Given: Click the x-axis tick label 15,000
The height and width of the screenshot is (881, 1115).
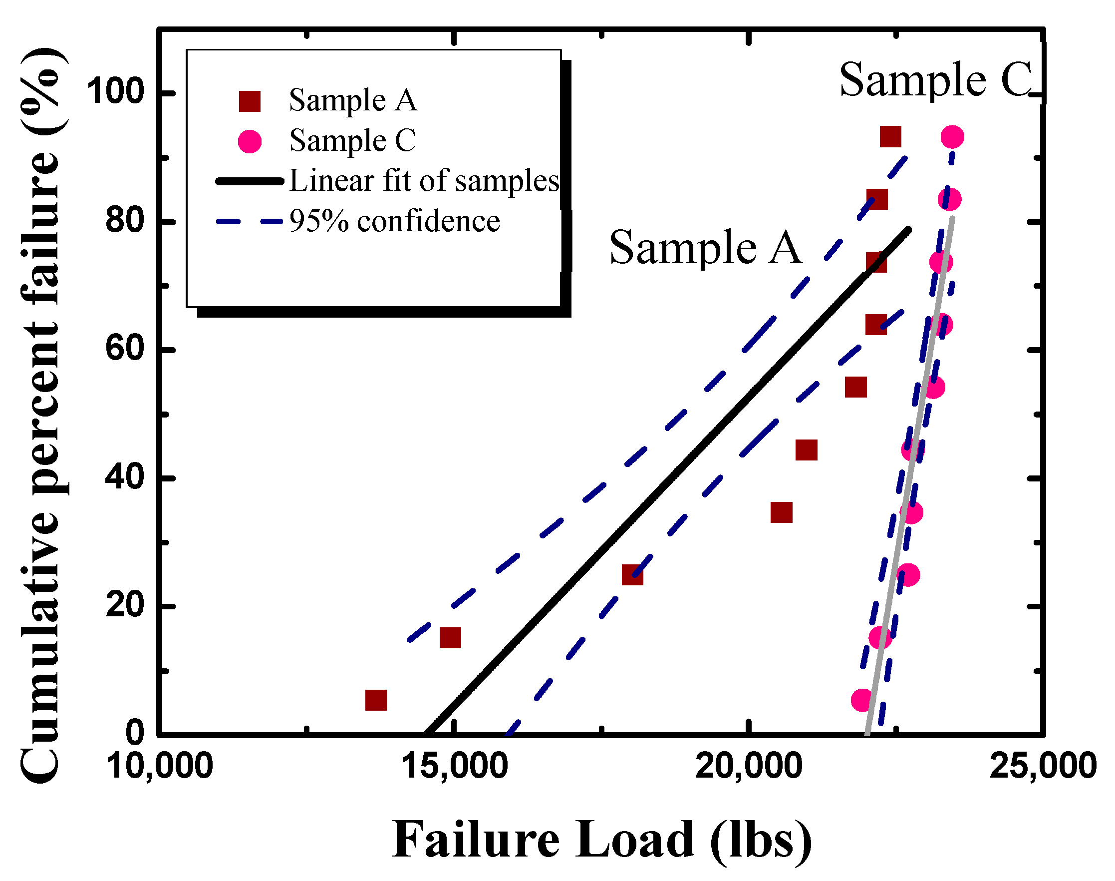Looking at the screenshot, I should (454, 766).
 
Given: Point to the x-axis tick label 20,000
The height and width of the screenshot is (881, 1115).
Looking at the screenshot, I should (748, 766).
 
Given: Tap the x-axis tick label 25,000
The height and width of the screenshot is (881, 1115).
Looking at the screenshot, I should (1042, 766).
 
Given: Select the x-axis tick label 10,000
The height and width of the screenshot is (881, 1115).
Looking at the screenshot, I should (159, 766).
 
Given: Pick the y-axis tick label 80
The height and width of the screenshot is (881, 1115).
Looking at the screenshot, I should (124, 221).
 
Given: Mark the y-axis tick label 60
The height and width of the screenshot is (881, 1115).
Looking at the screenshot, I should (124, 349).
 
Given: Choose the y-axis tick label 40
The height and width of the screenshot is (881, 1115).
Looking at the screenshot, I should (124, 477).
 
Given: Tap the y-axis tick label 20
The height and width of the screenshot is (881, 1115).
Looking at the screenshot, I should (124, 605).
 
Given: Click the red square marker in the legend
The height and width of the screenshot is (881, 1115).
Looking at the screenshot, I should (250, 101).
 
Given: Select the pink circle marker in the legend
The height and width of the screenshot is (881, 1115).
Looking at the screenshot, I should (250, 141).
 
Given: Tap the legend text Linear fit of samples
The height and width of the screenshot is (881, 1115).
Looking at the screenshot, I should (424, 181).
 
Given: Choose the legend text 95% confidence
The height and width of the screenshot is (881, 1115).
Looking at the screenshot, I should (394, 221).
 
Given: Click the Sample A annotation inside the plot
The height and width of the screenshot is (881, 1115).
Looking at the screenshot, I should (705, 248).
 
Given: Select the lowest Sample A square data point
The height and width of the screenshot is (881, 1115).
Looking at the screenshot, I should (376, 700).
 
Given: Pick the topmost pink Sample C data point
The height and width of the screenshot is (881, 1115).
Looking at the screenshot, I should (952, 137).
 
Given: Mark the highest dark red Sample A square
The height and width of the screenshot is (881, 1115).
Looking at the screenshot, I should (891, 137).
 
